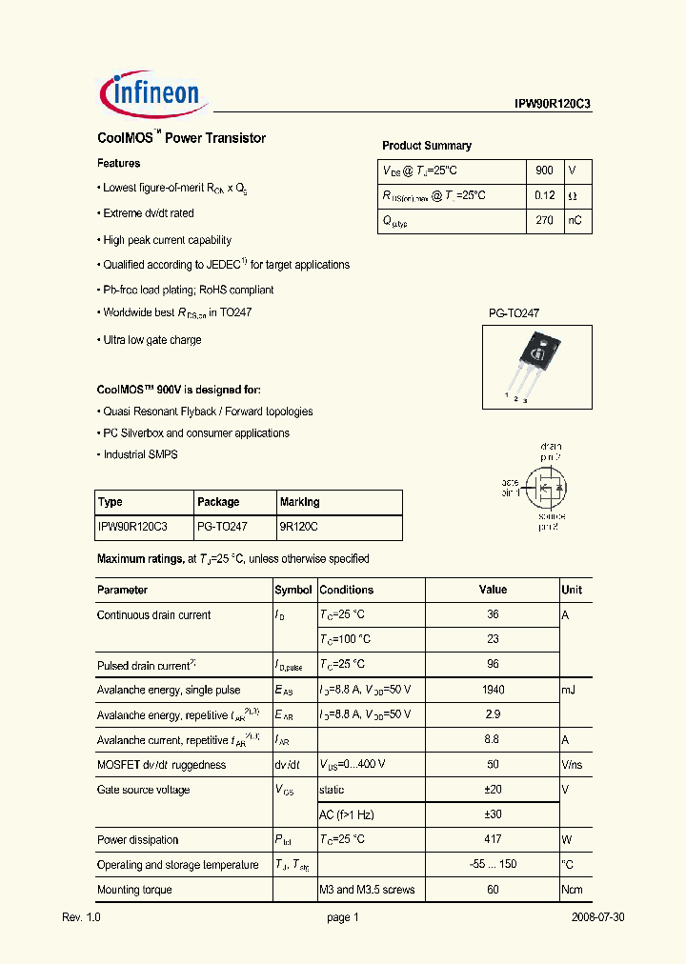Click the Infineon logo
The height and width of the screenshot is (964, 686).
point(150,92)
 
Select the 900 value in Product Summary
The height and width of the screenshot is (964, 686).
point(544,171)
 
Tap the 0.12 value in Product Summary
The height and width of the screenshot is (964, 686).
point(544,195)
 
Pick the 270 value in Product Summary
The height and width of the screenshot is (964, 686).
point(544,220)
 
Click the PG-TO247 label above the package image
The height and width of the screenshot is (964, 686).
point(514,312)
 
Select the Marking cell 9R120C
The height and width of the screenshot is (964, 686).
point(299,526)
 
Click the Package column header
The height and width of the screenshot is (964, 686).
point(218,502)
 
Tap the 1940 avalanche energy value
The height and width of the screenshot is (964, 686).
point(493,690)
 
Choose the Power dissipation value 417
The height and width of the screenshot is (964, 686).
point(493,839)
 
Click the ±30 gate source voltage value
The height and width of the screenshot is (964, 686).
point(493,814)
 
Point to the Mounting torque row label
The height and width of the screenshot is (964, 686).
point(134,890)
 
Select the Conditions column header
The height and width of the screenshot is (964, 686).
point(347,590)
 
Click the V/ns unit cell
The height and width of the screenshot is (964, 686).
point(573,764)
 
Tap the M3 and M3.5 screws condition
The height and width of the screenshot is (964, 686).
point(367,890)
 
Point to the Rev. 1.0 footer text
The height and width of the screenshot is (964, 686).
point(81,917)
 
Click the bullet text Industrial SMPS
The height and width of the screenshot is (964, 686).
point(140,454)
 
